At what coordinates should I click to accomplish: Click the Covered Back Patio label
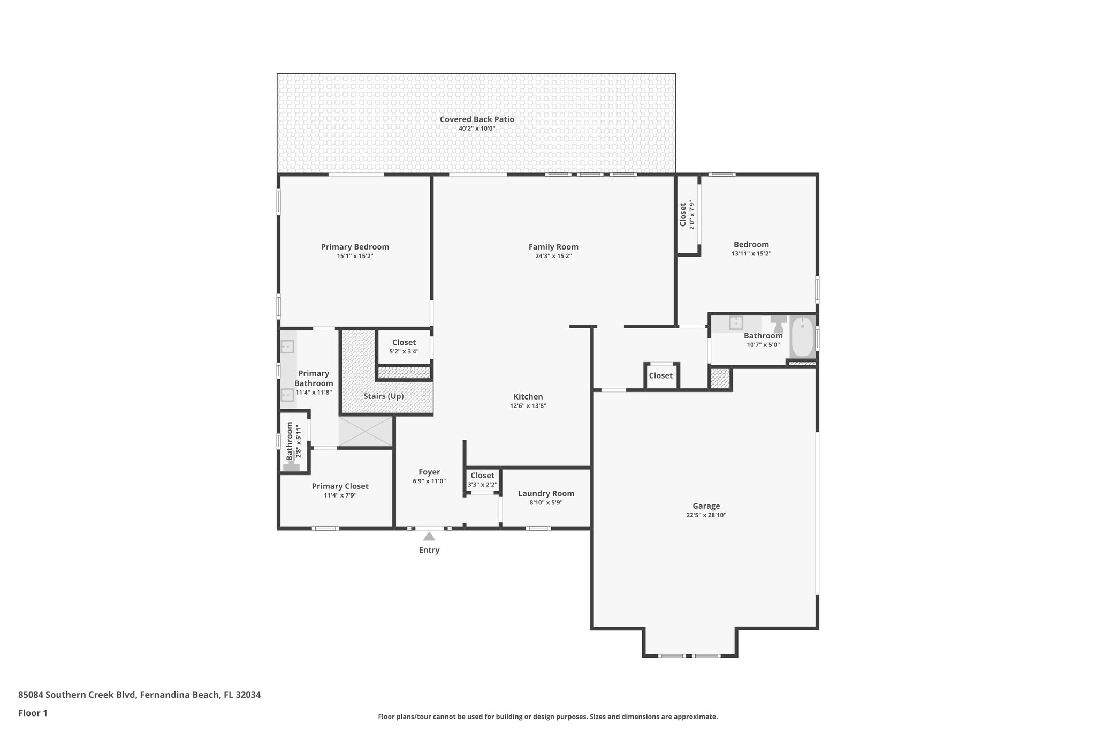pyautogui.click(x=477, y=119)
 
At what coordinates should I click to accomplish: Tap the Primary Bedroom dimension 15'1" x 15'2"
pyautogui.click(x=355, y=257)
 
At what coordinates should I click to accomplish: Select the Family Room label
pyautogui.click(x=553, y=247)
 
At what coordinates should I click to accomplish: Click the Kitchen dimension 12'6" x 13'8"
pyautogui.click(x=528, y=406)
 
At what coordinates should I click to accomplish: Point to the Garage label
pyautogui.click(x=706, y=506)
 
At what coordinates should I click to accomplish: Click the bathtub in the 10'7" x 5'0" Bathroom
pyautogui.click(x=802, y=337)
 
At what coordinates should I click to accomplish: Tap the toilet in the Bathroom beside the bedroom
pyautogui.click(x=778, y=322)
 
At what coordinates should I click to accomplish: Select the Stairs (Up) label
pyautogui.click(x=383, y=396)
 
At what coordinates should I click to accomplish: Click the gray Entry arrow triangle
pyautogui.click(x=429, y=536)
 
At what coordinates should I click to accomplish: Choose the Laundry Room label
pyautogui.click(x=546, y=494)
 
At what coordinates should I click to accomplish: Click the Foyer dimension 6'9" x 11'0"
pyautogui.click(x=429, y=481)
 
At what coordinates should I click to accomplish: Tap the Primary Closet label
pyautogui.click(x=340, y=486)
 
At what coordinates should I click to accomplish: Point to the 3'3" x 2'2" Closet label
pyautogui.click(x=482, y=476)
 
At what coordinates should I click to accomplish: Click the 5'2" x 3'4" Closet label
pyautogui.click(x=404, y=343)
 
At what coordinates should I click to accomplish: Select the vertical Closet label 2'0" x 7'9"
pyautogui.click(x=683, y=214)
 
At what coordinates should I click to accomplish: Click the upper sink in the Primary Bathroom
pyautogui.click(x=287, y=347)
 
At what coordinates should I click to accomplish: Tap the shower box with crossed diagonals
pyautogui.click(x=366, y=432)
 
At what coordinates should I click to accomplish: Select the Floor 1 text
pyautogui.click(x=33, y=713)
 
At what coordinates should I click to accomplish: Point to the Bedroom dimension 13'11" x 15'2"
pyautogui.click(x=751, y=254)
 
